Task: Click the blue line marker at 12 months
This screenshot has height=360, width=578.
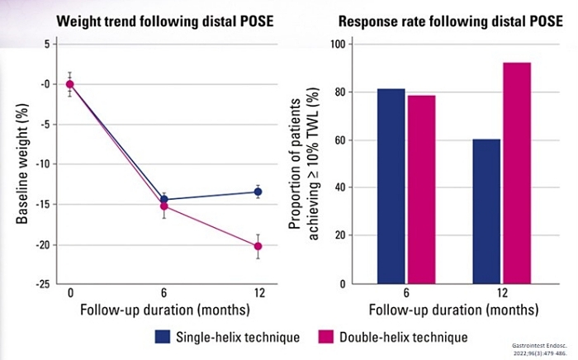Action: point(258,192)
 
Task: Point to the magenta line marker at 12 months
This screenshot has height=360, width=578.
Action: point(258,246)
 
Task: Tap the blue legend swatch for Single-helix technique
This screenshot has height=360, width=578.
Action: point(163,336)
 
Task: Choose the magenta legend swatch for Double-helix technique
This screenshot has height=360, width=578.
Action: point(327,336)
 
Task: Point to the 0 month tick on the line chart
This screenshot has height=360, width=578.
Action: point(70,294)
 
